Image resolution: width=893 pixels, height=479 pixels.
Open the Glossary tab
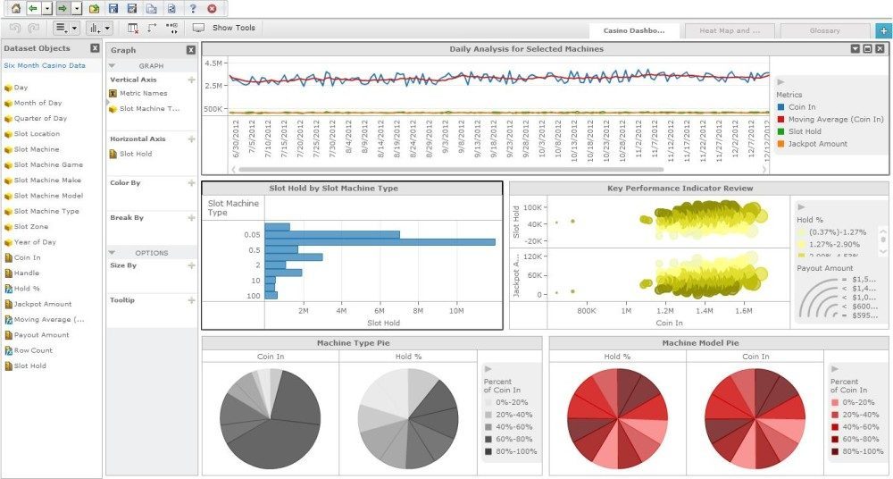point(824,30)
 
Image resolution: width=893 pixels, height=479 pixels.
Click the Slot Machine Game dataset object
point(48,164)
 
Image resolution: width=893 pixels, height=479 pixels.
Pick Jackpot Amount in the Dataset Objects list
point(43,304)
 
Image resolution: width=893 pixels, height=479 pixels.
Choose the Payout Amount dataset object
point(41,335)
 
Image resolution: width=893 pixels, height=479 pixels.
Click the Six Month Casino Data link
point(45,65)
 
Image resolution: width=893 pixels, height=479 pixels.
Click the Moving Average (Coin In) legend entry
point(836,119)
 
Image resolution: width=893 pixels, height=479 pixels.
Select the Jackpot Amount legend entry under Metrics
point(818,144)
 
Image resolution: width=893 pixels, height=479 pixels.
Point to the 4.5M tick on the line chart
point(213,63)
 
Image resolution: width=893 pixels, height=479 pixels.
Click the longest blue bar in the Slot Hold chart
point(380,241)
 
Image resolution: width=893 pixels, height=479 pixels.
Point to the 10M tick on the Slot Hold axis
point(455,311)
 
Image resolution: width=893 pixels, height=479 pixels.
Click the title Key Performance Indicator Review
point(680,189)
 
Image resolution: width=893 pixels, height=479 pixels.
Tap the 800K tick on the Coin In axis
point(587,311)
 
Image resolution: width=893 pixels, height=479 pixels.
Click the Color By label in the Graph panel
point(126,182)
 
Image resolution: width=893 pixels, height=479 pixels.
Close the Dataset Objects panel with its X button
point(95,48)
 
